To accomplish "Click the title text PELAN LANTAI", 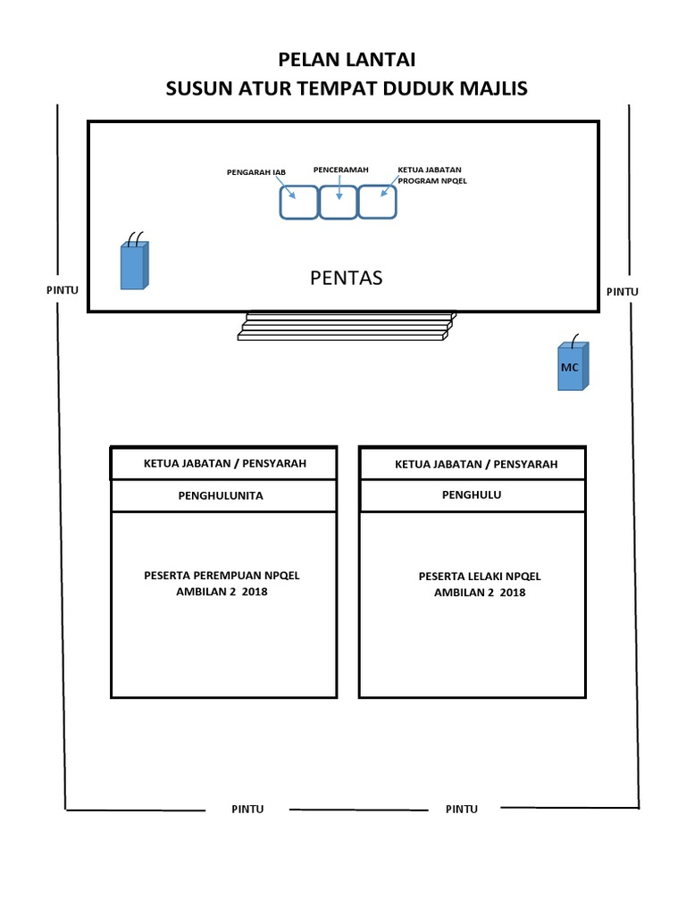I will [x=347, y=60].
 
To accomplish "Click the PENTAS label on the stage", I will [x=346, y=278].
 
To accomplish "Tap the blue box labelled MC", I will [x=572, y=367].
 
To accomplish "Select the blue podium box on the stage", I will [x=133, y=266].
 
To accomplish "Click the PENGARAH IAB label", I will [x=255, y=171].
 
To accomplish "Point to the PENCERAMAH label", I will [x=339, y=169].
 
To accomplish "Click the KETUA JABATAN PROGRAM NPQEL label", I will [x=432, y=175].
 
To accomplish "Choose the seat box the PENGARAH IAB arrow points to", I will [x=298, y=202].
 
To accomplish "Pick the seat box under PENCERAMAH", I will [x=338, y=202].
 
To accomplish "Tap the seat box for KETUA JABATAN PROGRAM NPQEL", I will [x=377, y=201].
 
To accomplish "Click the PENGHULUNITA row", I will [x=223, y=495].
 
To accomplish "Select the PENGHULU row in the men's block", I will [x=472, y=495].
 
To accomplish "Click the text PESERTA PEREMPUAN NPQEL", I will [x=222, y=576].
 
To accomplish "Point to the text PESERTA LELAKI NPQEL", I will [x=480, y=577].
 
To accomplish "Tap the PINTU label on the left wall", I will [x=63, y=289].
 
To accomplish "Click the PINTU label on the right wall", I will [x=623, y=291].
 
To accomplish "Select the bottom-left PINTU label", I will [x=247, y=809].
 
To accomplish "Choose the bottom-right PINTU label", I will [x=461, y=809].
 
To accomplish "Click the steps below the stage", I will [x=345, y=326].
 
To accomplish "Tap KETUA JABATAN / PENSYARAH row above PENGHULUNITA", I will [x=225, y=463].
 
